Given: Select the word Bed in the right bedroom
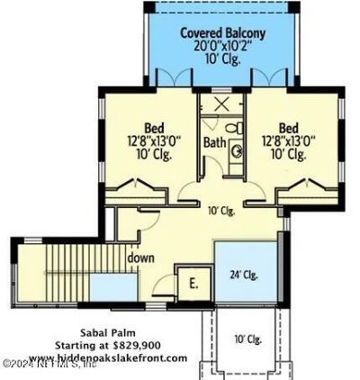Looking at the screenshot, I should pos(290,126).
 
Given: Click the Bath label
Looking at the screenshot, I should pos(213,141).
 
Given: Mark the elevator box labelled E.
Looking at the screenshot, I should pos(193,281).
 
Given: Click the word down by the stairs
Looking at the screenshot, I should pos(141,258).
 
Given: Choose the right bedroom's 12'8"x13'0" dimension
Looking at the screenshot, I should pos(290,140).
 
